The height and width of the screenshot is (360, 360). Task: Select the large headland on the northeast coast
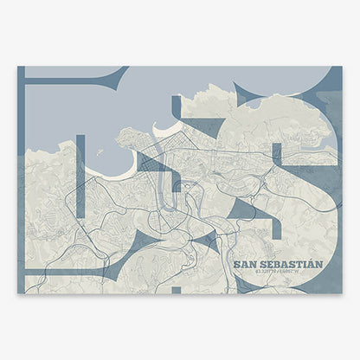pos(286,117)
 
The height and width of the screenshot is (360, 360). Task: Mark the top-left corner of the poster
pos(18,67)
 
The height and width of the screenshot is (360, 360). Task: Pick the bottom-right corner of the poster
pos(342,293)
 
